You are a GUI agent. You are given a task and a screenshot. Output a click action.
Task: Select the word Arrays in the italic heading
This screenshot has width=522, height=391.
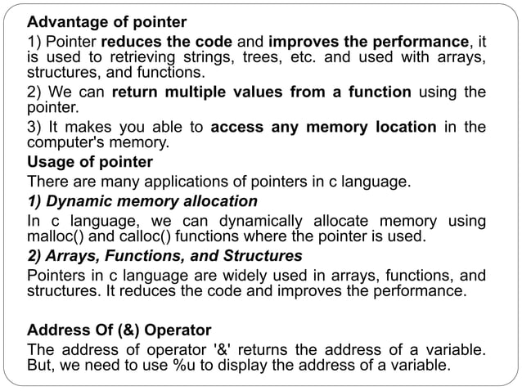(70, 256)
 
